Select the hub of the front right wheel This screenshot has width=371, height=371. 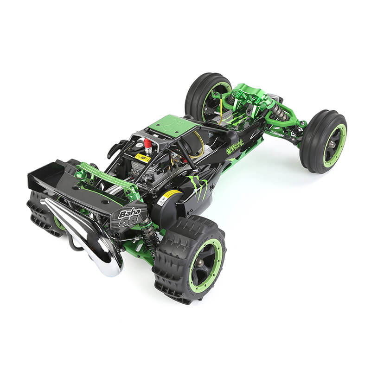pyautogui.click(x=332, y=145)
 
